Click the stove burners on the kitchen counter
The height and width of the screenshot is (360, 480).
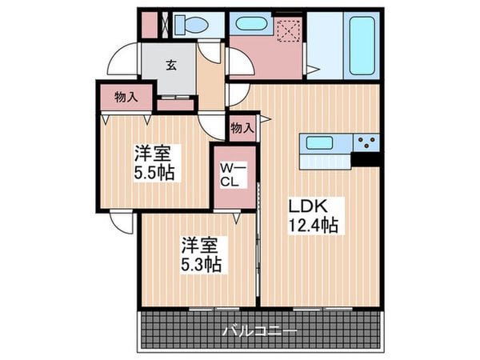pos(368,144)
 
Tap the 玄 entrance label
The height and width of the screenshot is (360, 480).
pos(170,66)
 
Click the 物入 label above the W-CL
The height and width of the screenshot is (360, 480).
pos(242,127)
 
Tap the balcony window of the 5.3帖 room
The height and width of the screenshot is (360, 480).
pos(214,307)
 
